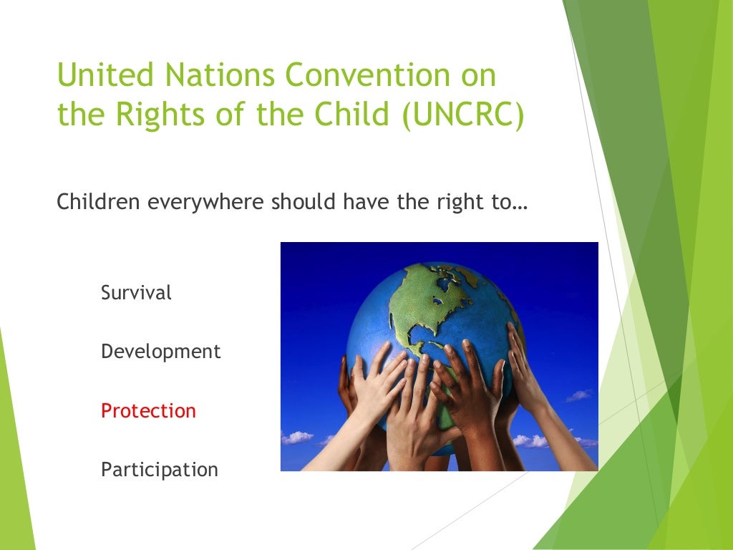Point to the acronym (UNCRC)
(462, 115)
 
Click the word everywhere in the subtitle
(206, 203)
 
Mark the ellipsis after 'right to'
(520, 204)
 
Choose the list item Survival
(136, 293)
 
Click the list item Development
(161, 352)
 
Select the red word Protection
(148, 411)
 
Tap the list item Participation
(160, 470)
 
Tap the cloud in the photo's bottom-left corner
(298, 437)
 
